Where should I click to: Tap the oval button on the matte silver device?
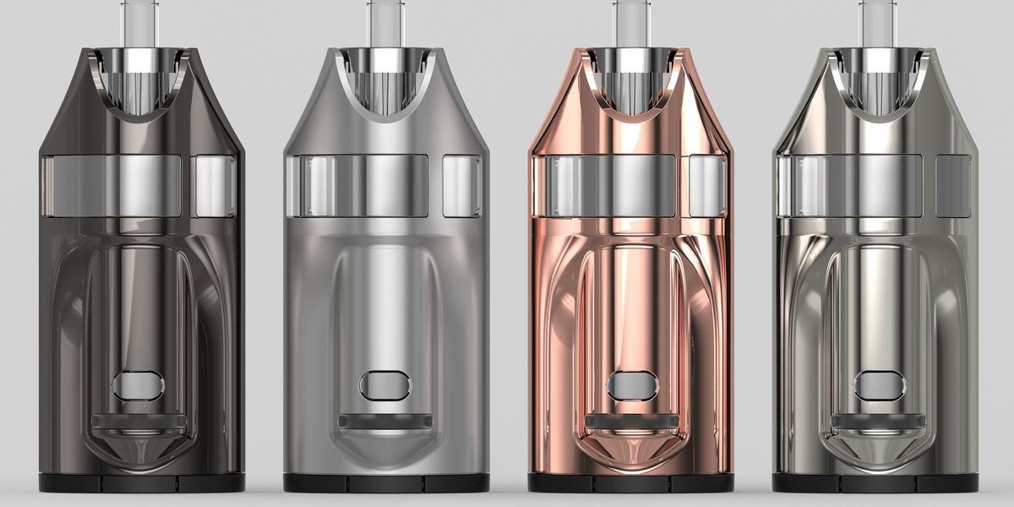385,386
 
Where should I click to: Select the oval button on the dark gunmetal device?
139,386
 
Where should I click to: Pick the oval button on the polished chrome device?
878,386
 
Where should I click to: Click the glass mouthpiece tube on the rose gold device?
630,21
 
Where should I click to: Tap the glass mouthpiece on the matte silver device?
384,21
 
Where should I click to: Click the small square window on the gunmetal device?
214,186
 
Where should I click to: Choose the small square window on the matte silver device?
461,186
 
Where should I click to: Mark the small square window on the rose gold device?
707,186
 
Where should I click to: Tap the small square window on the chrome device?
953,186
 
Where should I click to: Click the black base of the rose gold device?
630,483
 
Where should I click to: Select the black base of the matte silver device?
385,483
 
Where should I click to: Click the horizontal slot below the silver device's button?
385,421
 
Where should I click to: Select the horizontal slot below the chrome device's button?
878,421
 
